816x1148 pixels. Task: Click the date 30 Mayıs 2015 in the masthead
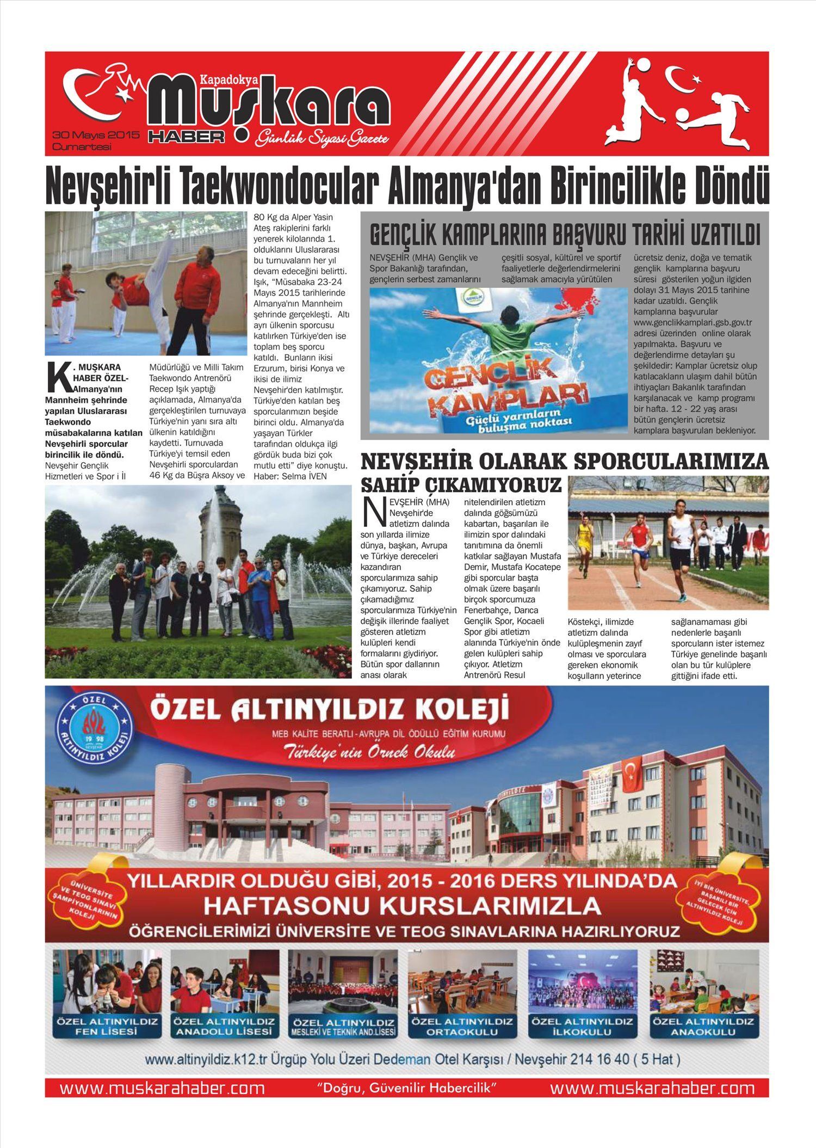coord(96,134)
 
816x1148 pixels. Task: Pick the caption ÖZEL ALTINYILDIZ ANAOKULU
coord(704,1026)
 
